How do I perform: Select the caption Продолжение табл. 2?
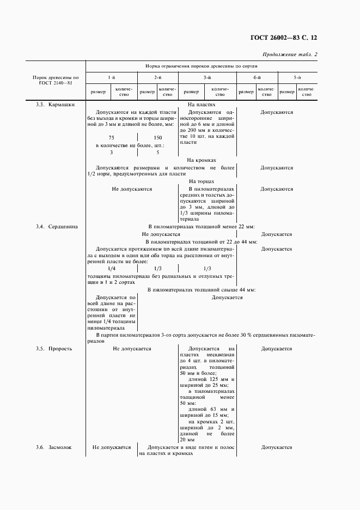point(289,54)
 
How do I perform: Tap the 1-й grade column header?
point(111,78)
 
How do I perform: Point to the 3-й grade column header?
point(207,78)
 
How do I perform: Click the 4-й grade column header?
point(257,78)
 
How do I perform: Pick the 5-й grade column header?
point(297,78)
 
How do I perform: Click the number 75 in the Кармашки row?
point(111,138)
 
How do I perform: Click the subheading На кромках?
point(202,160)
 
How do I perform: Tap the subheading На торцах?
point(202,181)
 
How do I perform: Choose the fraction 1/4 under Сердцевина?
point(111,269)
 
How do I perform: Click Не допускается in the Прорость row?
point(132,348)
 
